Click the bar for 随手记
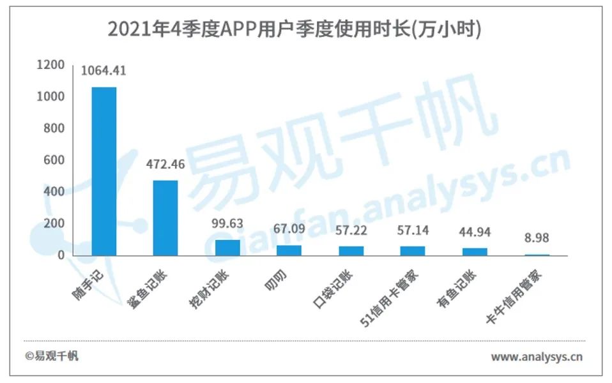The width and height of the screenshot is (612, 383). coord(104,171)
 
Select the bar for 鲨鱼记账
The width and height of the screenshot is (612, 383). coord(165,218)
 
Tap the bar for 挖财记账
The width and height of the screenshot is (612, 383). coord(227,248)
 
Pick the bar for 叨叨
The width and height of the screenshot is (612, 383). coord(289,250)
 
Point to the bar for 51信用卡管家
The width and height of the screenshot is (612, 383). coord(413,251)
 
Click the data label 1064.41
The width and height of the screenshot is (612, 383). coord(103,71)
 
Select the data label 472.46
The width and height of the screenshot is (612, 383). coord(165,164)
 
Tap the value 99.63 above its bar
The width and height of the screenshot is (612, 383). coord(227,223)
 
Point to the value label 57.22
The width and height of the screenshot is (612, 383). coord(351,230)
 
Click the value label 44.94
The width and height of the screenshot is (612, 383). coord(475,232)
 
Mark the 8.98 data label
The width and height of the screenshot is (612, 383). coord(537,238)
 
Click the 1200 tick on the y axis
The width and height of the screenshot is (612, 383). coord(50,64)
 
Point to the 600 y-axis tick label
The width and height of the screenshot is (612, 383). coord(54,160)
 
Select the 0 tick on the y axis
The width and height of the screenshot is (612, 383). coord(61,255)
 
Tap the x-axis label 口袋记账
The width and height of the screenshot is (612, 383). coord(333,289)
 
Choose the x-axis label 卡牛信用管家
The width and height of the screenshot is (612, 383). coord(514,296)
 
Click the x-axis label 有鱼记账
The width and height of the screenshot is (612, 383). coord(457,289)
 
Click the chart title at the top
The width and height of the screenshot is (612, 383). coord(295,29)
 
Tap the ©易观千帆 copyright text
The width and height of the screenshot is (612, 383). coord(52,356)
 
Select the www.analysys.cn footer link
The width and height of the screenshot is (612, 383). coord(537,357)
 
